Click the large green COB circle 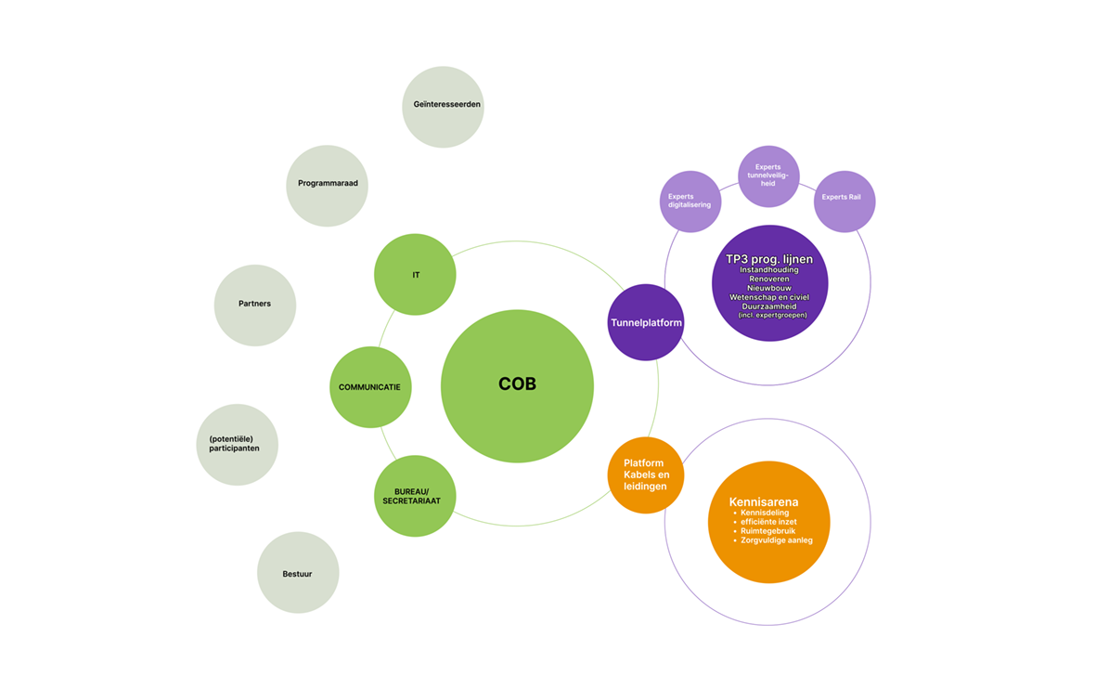click(517, 385)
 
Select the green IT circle click(415, 275)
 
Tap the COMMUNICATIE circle click(370, 387)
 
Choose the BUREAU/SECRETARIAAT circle click(415, 496)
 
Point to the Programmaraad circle click(328, 185)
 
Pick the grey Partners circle click(255, 305)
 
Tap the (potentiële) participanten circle click(237, 444)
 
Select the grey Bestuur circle click(298, 573)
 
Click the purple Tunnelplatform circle click(646, 322)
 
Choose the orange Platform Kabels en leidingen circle click(646, 474)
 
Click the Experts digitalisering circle click(690, 201)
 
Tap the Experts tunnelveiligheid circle click(768, 175)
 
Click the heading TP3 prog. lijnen click(769, 258)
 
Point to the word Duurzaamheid click(769, 306)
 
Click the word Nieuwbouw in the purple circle click(769, 288)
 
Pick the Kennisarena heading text click(764, 502)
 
